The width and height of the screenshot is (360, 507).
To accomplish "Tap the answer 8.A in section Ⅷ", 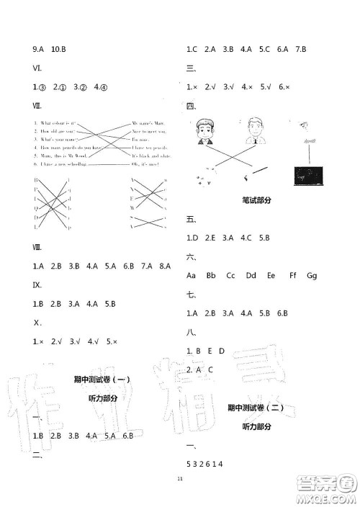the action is [165, 266].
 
